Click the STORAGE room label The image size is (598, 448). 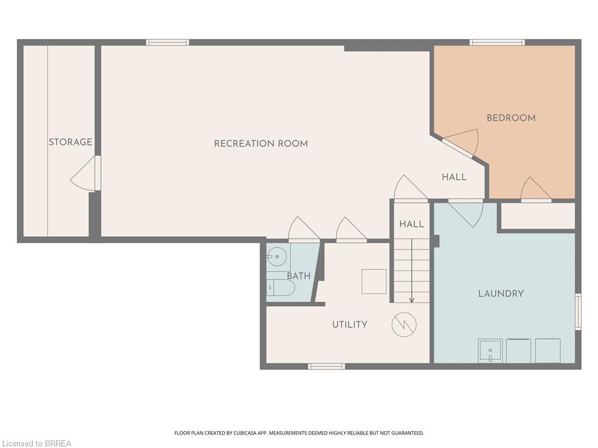70,142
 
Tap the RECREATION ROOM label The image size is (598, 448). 261,143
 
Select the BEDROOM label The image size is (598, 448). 511,118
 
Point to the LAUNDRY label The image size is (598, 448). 500,293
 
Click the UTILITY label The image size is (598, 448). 350,324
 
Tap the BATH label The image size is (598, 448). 298,276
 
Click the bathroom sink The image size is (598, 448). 277,257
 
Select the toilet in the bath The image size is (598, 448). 280,288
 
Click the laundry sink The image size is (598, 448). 491,351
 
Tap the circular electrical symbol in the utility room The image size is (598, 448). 404,324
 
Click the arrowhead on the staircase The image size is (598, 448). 412,300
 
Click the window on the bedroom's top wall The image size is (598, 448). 497,42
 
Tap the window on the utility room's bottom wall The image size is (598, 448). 326,366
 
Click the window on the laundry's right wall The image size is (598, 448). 578,311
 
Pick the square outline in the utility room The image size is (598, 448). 374,281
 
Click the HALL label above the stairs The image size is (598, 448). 412,224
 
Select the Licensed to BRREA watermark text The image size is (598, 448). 36,443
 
